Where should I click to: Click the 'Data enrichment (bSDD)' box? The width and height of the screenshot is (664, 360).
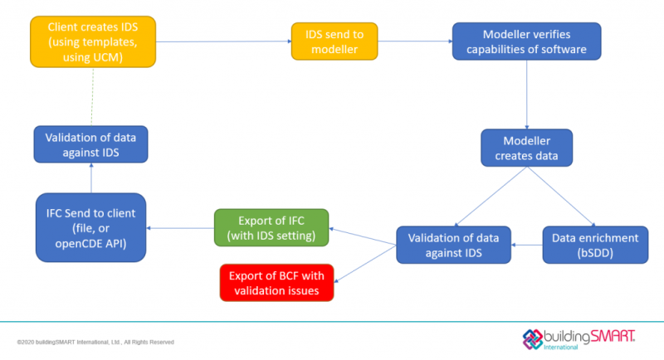(x=595, y=245)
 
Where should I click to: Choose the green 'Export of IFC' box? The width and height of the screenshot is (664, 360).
(x=271, y=226)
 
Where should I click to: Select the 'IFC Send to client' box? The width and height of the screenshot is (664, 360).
(x=91, y=225)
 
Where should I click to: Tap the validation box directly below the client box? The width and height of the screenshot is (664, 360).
(x=91, y=144)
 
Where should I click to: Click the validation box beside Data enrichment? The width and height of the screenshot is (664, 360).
(x=452, y=246)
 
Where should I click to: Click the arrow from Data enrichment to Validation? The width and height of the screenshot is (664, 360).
(x=526, y=245)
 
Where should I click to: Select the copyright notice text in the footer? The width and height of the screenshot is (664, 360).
(x=95, y=342)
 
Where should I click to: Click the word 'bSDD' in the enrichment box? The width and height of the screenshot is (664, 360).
(x=595, y=253)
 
